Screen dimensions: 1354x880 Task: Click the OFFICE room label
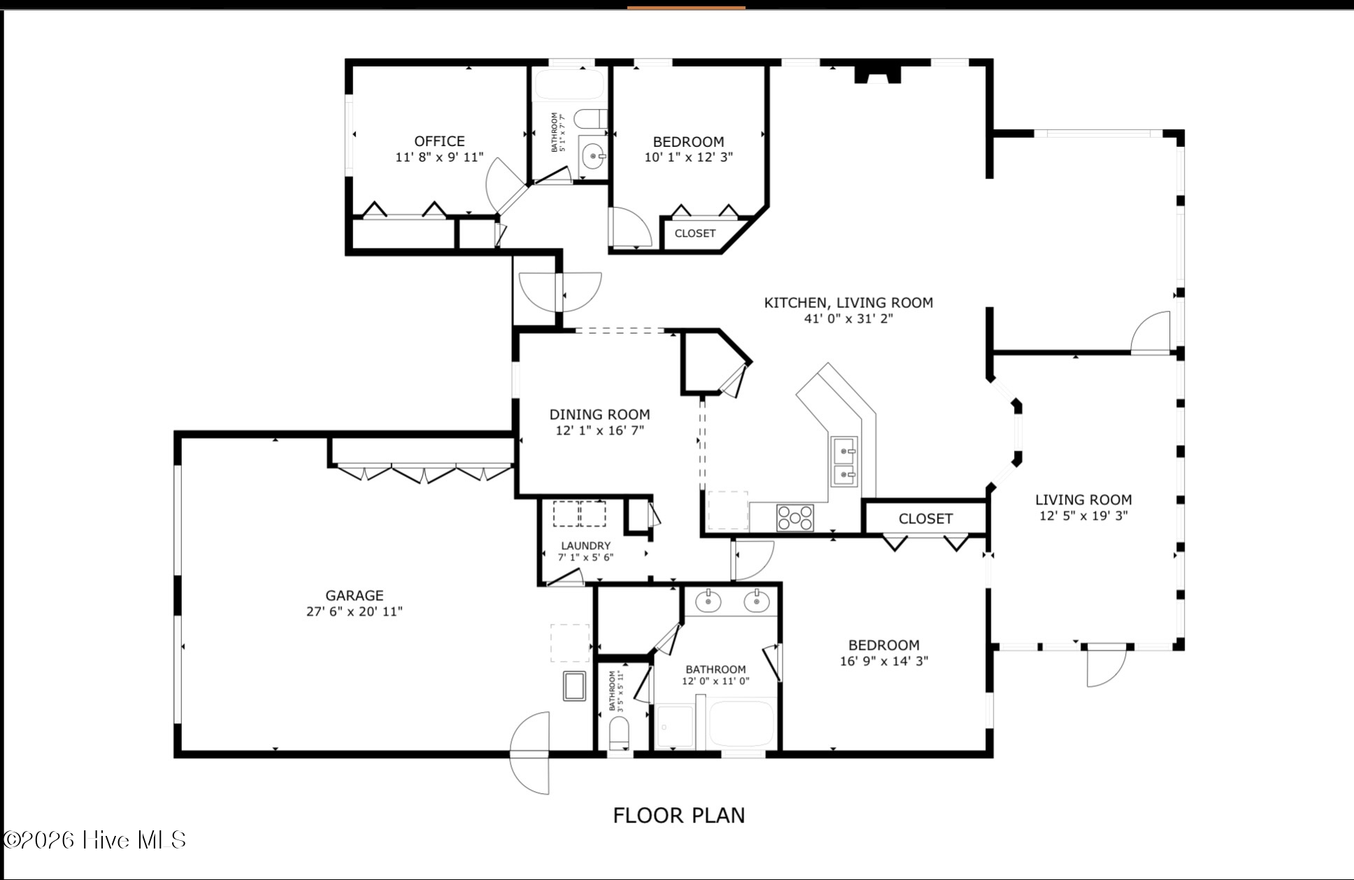tap(439, 141)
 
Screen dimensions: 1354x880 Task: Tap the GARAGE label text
tap(355, 595)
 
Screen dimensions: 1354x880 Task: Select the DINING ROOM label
tap(599, 415)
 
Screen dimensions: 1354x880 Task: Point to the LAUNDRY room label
tap(586, 546)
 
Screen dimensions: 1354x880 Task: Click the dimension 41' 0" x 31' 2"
tap(848, 319)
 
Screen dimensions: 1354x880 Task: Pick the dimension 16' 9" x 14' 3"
tap(884, 661)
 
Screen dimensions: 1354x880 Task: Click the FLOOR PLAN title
tap(679, 816)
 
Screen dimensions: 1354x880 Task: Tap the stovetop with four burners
tap(795, 518)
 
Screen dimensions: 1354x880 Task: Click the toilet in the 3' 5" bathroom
tap(620, 734)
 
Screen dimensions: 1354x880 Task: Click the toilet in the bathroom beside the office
tap(590, 119)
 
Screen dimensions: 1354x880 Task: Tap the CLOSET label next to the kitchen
tap(925, 519)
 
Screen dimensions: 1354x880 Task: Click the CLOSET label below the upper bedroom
tap(694, 234)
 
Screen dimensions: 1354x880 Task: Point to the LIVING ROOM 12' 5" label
tap(1083, 508)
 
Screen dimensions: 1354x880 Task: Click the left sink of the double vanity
tap(708, 600)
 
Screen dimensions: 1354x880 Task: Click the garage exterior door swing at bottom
tap(530, 753)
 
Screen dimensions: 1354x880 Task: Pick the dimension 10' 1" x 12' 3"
tap(689, 157)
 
